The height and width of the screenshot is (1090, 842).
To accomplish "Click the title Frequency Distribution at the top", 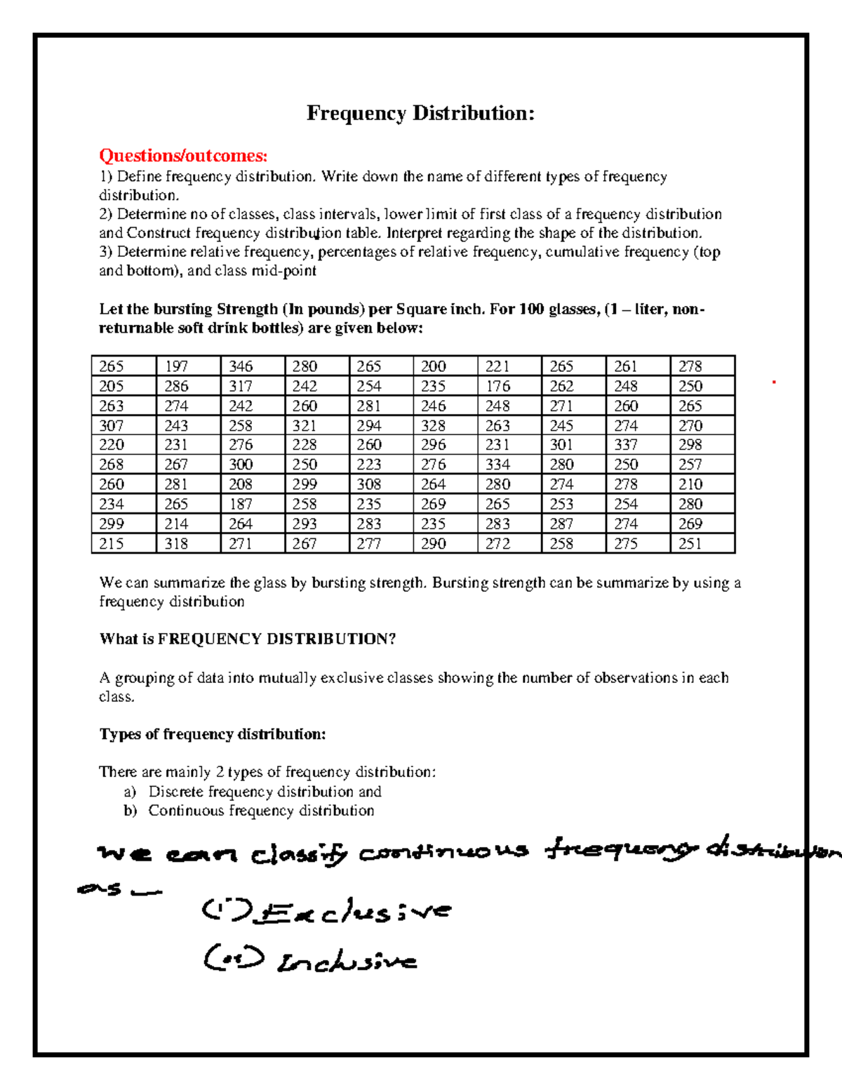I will [420, 114].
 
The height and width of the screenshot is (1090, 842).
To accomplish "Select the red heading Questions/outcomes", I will [183, 156].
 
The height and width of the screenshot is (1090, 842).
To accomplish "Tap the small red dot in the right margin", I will [773, 383].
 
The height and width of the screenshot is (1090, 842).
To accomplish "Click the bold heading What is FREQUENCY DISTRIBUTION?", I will [247, 639].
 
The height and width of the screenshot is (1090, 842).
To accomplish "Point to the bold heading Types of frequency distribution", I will [213, 734].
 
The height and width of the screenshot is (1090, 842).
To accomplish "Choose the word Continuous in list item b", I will [186, 811].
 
